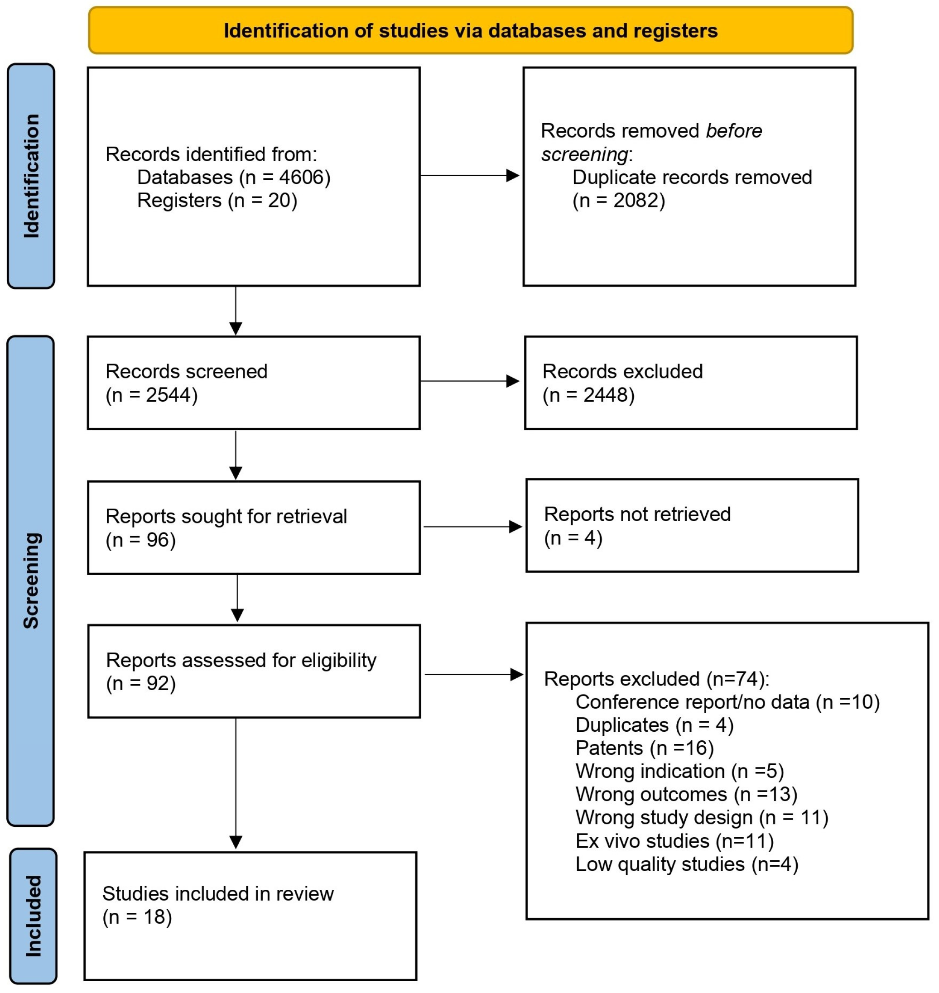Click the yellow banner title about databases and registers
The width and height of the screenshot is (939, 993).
tap(470, 31)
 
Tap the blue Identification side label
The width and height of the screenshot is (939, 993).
tap(31, 176)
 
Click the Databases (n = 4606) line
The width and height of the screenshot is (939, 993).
tap(234, 177)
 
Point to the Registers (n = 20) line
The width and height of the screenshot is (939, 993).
tap(217, 201)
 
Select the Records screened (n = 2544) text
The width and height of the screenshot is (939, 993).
tap(186, 383)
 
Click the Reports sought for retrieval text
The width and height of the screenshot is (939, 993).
tap(226, 517)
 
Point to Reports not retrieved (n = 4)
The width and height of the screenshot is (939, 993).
tap(637, 526)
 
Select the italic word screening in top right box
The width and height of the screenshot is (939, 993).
tap(584, 154)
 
